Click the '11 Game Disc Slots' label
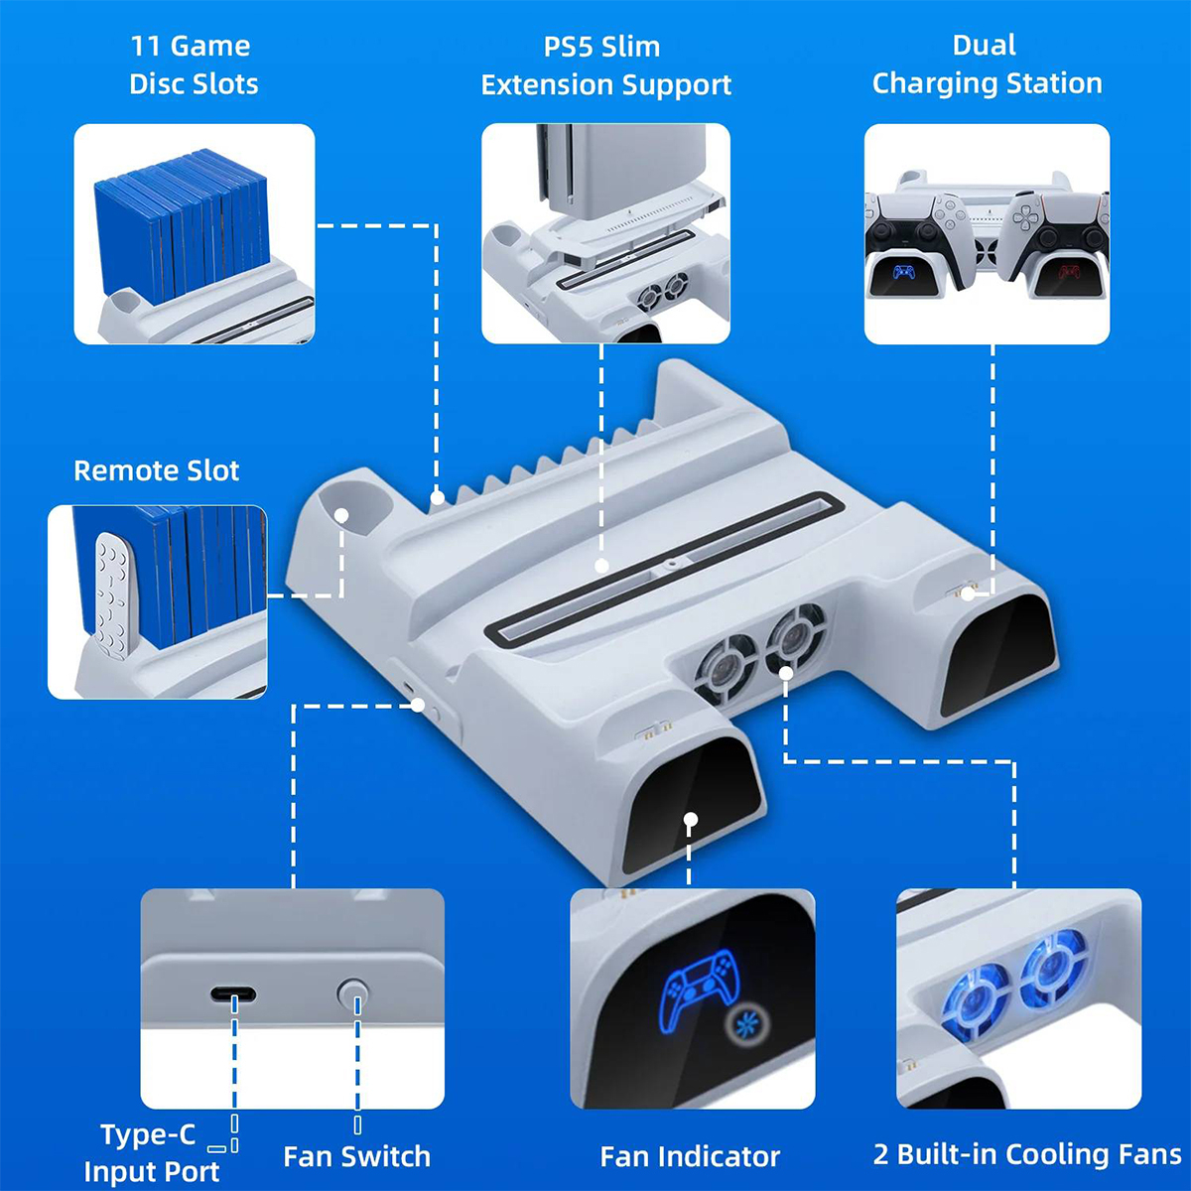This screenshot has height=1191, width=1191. click(193, 65)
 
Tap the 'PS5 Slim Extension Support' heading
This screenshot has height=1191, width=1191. click(604, 66)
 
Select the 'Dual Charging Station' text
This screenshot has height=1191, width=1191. click(987, 65)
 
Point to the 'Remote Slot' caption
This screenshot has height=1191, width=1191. click(156, 470)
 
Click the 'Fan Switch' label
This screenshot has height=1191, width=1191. click(356, 1156)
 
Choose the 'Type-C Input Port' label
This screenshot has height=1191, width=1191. click(151, 1152)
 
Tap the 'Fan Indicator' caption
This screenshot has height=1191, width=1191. click(690, 1156)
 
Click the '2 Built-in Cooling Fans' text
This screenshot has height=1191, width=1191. click(1027, 1154)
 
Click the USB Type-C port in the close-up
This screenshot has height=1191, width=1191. click(233, 994)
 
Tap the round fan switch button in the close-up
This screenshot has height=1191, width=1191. click(352, 992)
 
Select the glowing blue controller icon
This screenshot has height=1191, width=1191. click(701, 988)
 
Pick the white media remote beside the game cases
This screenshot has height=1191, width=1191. click(110, 595)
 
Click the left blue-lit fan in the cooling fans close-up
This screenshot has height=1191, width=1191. click(974, 997)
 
